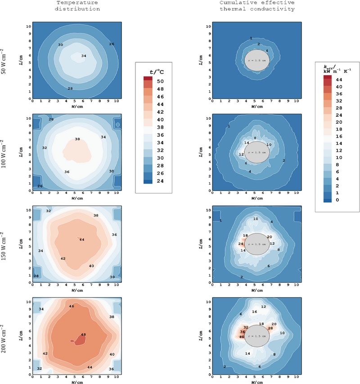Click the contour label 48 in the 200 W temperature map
pos(83,334)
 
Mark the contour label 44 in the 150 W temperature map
pos(81,240)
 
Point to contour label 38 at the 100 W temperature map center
pos(77,140)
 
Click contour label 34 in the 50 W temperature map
pos(84,56)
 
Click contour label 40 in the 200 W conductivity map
pos(242,337)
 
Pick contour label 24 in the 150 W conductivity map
pos(241,244)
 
